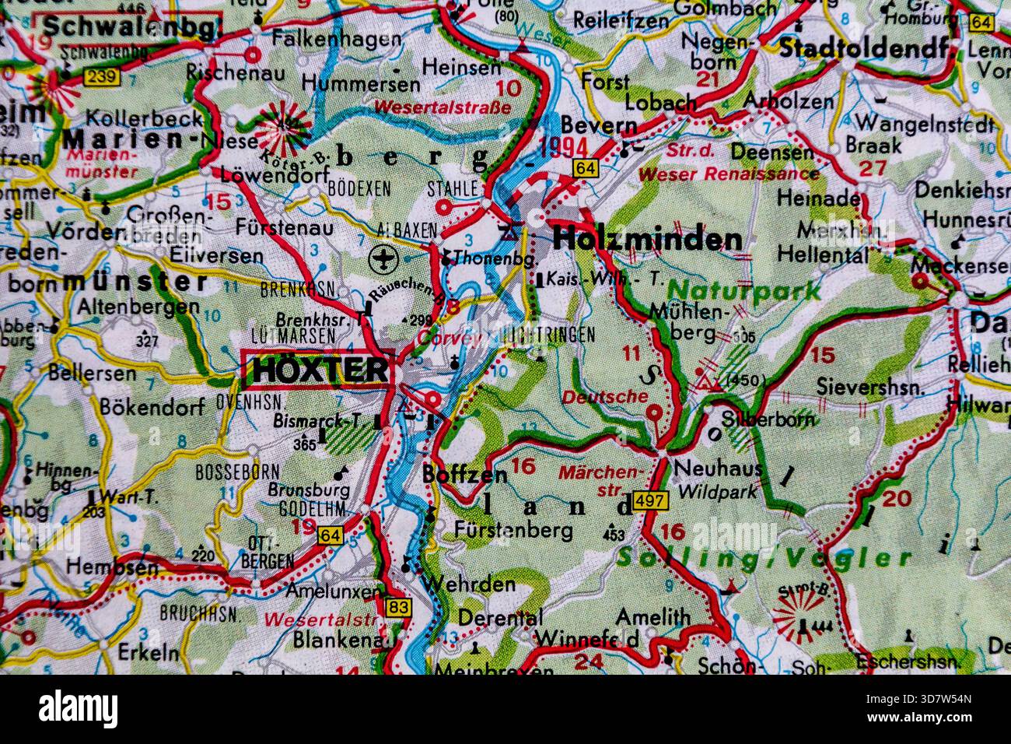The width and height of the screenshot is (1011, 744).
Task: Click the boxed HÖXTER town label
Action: tap(318, 370)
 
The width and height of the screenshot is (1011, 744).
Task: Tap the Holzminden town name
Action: tap(647, 239)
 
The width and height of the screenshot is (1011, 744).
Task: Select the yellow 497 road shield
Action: tap(649, 500)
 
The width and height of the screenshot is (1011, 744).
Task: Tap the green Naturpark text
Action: tap(743, 292)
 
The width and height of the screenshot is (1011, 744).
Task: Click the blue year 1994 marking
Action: tap(562, 146)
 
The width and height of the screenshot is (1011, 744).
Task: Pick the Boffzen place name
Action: tap(464, 474)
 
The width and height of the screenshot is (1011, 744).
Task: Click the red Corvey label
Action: tap(439, 338)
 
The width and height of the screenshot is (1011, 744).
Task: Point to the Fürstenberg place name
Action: tap(514, 531)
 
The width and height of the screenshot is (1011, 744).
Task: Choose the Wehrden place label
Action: tap(469, 583)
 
